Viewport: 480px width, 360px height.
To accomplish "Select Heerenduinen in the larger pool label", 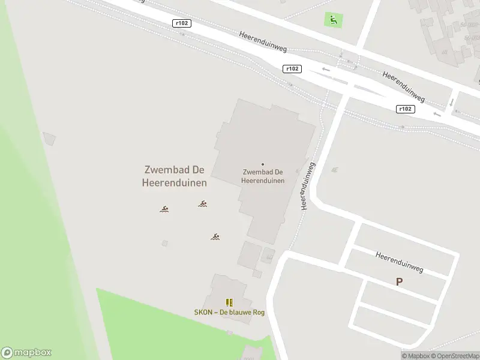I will click(174, 182).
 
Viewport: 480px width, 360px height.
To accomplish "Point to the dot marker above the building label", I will click(263, 164).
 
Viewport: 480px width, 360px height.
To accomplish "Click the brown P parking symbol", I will click(399, 281).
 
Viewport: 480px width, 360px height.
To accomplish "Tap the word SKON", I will click(203, 313).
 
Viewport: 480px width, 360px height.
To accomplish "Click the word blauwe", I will click(239, 313).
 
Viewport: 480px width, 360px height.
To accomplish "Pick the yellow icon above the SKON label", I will click(229, 303).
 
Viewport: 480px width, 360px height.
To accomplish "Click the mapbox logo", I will click(26, 353).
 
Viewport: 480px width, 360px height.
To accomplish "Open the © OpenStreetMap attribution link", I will click(454, 356).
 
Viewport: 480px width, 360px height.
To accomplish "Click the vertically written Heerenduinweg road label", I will click(307, 185).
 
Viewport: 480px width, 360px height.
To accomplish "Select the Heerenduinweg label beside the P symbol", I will click(400, 262).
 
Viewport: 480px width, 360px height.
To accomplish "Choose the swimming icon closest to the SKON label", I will click(215, 236).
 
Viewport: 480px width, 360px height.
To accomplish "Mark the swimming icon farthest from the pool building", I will click(164, 209).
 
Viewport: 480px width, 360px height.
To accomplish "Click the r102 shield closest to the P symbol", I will click(406, 109).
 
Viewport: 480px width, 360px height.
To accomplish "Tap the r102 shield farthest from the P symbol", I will click(181, 23).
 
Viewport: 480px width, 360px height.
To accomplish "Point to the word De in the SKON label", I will click(224, 313).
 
